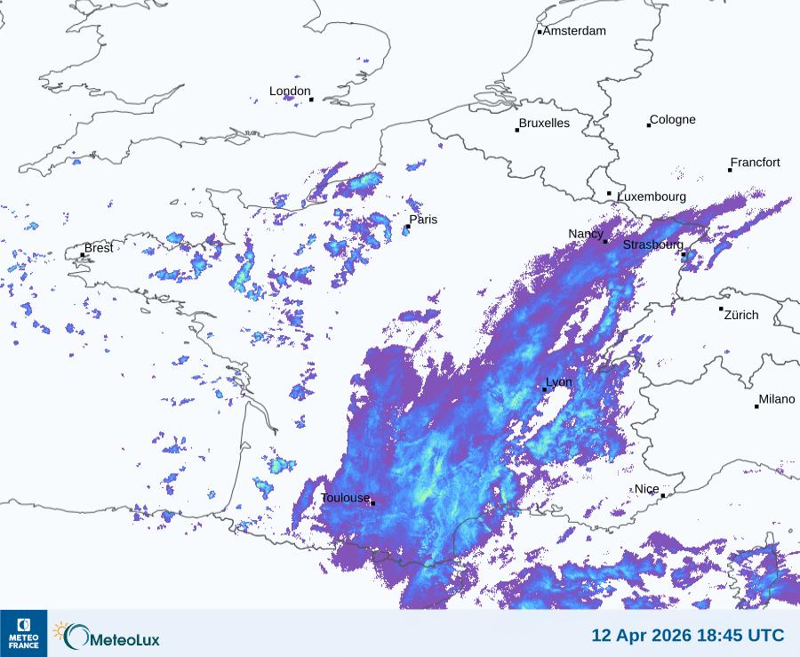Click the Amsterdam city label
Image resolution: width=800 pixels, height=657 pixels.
[574, 31]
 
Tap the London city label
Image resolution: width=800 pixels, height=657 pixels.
[290, 92]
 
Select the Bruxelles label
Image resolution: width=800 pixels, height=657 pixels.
[544, 124]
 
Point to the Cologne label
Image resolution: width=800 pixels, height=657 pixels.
[673, 120]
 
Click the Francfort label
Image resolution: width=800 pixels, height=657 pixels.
[756, 163]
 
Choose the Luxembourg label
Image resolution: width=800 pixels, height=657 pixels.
[652, 196]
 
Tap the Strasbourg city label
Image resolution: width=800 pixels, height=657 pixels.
[653, 244]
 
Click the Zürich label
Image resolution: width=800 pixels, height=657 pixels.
[741, 315]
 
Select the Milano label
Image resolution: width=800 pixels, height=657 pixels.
[777, 400]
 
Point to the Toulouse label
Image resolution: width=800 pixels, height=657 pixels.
[345, 498]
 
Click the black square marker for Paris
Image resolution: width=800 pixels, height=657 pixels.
[408, 227]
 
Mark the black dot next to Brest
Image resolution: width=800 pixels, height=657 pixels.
[83, 255]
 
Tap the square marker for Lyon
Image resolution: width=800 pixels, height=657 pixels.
[545, 389]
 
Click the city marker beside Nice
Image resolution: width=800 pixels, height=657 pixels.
[663, 495]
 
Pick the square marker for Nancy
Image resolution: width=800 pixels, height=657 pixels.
[605, 241]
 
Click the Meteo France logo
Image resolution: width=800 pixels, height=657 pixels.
[23, 633]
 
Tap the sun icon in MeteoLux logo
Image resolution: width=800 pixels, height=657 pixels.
[60, 630]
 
